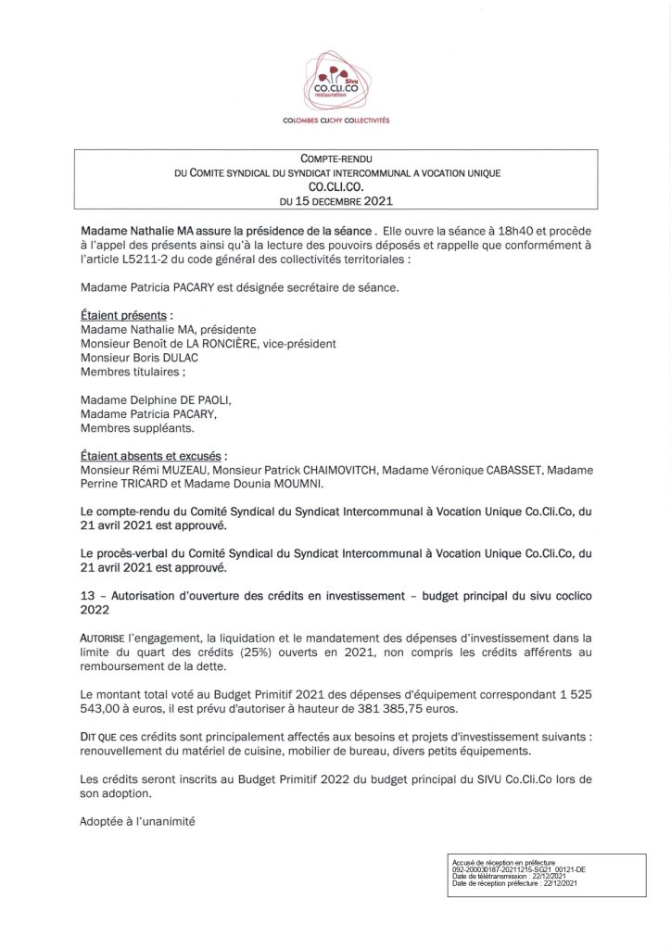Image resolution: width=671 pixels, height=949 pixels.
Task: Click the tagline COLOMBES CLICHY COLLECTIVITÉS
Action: click(x=335, y=121)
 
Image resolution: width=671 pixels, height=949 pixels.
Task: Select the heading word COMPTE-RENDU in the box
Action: click(x=335, y=159)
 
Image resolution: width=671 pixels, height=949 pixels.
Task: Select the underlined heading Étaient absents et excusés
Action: click(x=152, y=456)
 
